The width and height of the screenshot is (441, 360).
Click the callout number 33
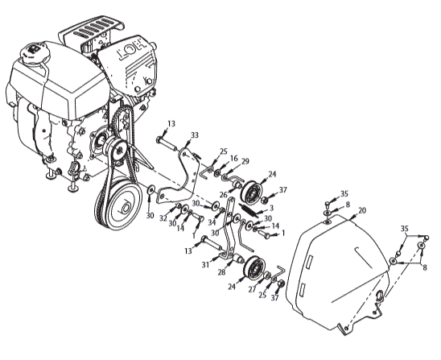tap(194, 135)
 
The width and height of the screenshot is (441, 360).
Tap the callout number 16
tap(234, 158)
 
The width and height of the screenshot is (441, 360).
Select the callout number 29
tap(245, 162)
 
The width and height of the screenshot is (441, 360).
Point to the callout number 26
tap(223, 194)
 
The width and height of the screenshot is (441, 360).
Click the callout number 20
tap(362, 210)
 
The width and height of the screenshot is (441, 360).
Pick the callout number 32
tap(163, 218)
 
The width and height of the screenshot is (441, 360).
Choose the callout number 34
tap(212, 222)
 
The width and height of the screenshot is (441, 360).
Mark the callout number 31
tap(205, 264)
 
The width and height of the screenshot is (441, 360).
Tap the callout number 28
tap(221, 272)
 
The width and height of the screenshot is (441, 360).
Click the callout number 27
tap(252, 289)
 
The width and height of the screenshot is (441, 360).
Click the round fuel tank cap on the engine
tap(35, 52)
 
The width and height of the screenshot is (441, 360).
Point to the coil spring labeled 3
tap(249, 209)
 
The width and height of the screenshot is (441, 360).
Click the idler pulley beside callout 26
tap(252, 192)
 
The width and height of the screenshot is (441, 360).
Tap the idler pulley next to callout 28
tap(253, 269)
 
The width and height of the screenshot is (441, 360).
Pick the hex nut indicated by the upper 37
tap(264, 201)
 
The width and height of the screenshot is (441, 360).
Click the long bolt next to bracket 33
tap(167, 143)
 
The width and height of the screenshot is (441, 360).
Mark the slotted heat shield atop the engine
tap(92, 31)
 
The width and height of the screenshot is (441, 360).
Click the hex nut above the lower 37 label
tap(280, 283)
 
